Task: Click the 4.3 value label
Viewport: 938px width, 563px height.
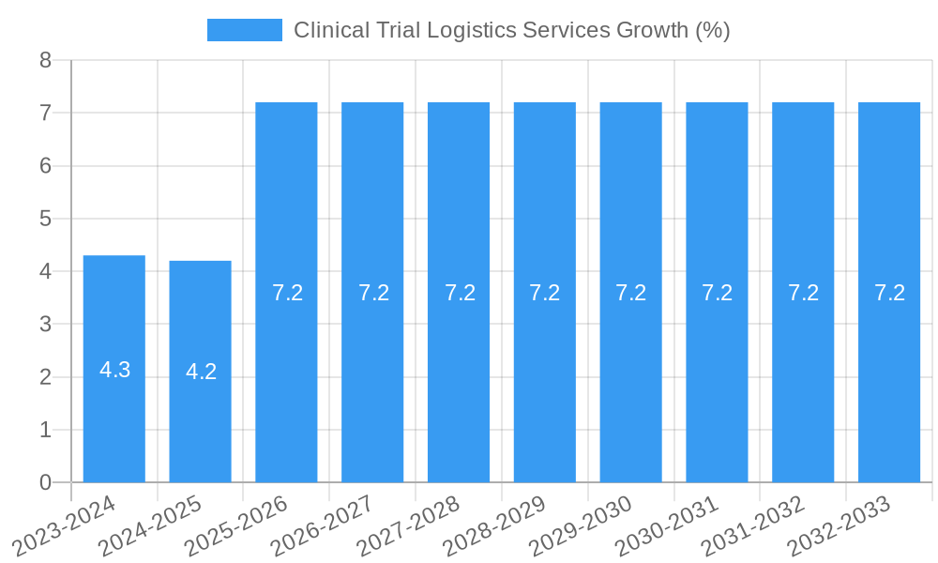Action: pyautogui.click(x=114, y=370)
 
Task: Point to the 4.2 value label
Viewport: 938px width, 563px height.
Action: pyautogui.click(x=201, y=372)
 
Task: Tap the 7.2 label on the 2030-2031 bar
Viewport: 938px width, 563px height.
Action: pyautogui.click(x=717, y=293)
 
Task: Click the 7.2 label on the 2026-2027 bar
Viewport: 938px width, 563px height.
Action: pyautogui.click(x=373, y=293)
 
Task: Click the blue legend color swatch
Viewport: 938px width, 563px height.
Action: pyautogui.click(x=244, y=30)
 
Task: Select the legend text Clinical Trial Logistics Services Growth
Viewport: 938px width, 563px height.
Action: pyautogui.click(x=511, y=30)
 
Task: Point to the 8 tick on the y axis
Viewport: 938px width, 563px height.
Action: pyautogui.click(x=45, y=60)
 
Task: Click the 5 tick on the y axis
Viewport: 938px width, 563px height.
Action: pyautogui.click(x=45, y=219)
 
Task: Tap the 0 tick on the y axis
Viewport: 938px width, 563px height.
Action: pyautogui.click(x=45, y=482)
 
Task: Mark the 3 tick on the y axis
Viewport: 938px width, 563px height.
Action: pyautogui.click(x=45, y=325)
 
